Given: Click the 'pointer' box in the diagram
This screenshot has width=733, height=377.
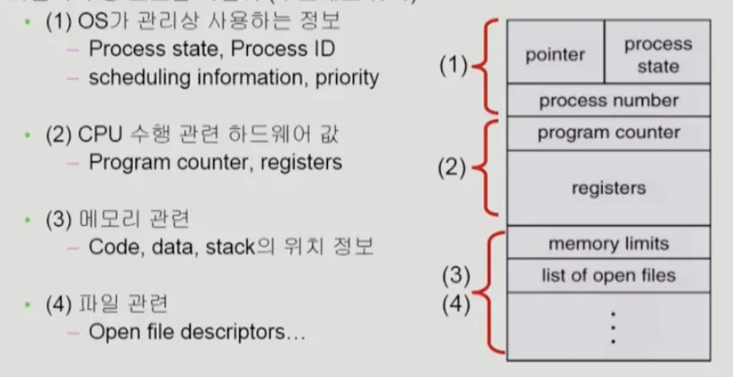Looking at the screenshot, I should point(554,55).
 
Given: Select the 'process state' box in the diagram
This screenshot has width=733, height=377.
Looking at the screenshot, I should point(658,55).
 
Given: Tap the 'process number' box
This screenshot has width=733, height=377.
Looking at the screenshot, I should point(608,100).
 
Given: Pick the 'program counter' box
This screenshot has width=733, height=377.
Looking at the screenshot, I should point(608,134).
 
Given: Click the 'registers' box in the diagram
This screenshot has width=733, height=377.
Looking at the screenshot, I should point(608,188).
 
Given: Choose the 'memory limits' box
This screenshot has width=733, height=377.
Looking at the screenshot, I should point(608,243).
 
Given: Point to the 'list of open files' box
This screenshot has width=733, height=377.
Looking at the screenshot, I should point(608,275).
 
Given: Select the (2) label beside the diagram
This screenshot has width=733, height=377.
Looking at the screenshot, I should point(454,167).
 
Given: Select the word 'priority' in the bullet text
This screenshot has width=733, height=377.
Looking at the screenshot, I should point(347,78).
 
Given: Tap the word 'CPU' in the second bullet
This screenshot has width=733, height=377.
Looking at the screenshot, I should point(97,135).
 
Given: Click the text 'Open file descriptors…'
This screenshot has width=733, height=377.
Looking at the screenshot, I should point(198,332).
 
